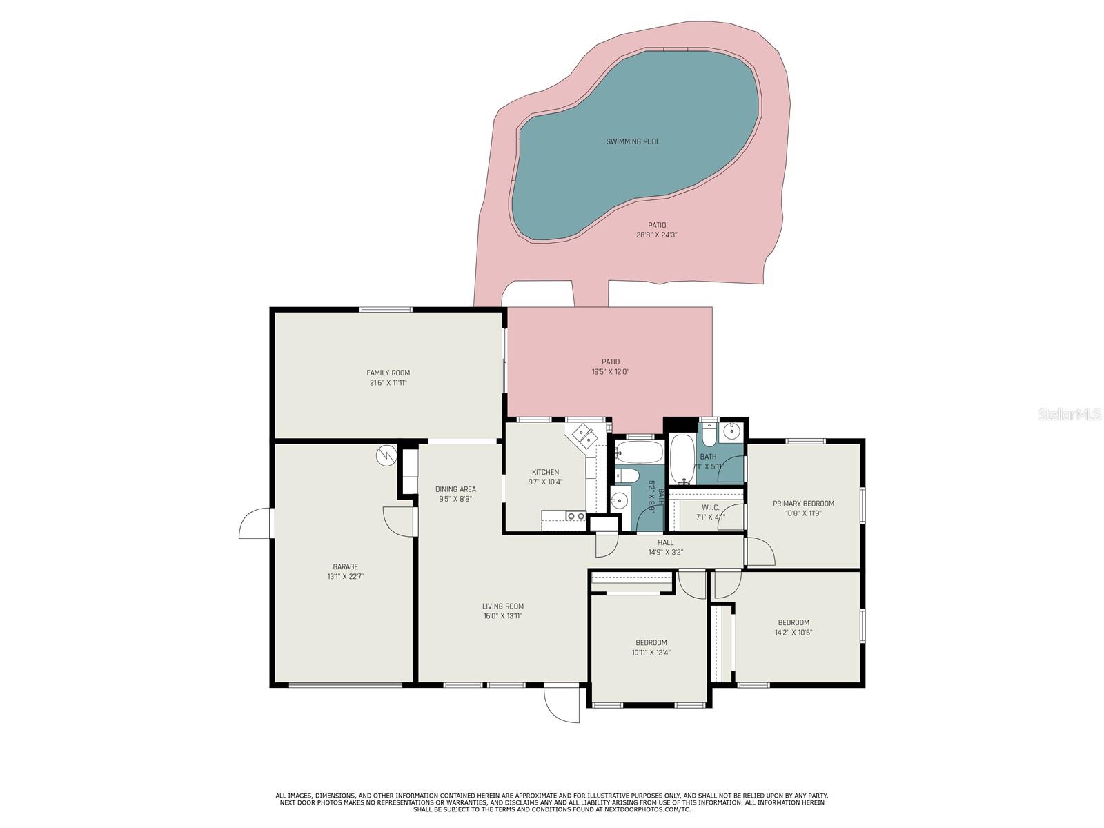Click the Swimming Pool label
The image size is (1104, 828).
pyautogui.click(x=633, y=141)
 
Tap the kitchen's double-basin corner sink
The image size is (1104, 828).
pyautogui.click(x=582, y=436)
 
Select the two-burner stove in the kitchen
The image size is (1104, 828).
pyautogui.click(x=575, y=516)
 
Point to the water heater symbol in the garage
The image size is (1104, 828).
pyautogui.click(x=386, y=455)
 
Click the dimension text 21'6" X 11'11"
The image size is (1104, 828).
pyautogui.click(x=388, y=382)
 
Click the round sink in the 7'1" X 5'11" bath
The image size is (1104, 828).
pyautogui.click(x=730, y=433)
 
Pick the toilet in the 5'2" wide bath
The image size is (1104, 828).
pyautogui.click(x=627, y=475)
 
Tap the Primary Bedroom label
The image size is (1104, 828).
pyautogui.click(x=803, y=504)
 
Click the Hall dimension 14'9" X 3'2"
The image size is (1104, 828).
pyautogui.click(x=665, y=552)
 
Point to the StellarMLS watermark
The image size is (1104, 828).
pyautogui.click(x=1074, y=415)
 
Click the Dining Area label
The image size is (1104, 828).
pyautogui.click(x=455, y=489)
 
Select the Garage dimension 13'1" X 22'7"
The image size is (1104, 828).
pyautogui.click(x=345, y=576)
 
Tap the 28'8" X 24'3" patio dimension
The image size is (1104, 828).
pyautogui.click(x=657, y=235)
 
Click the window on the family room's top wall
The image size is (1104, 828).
pyautogui.click(x=386, y=310)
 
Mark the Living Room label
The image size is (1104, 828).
pyautogui.click(x=502, y=607)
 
